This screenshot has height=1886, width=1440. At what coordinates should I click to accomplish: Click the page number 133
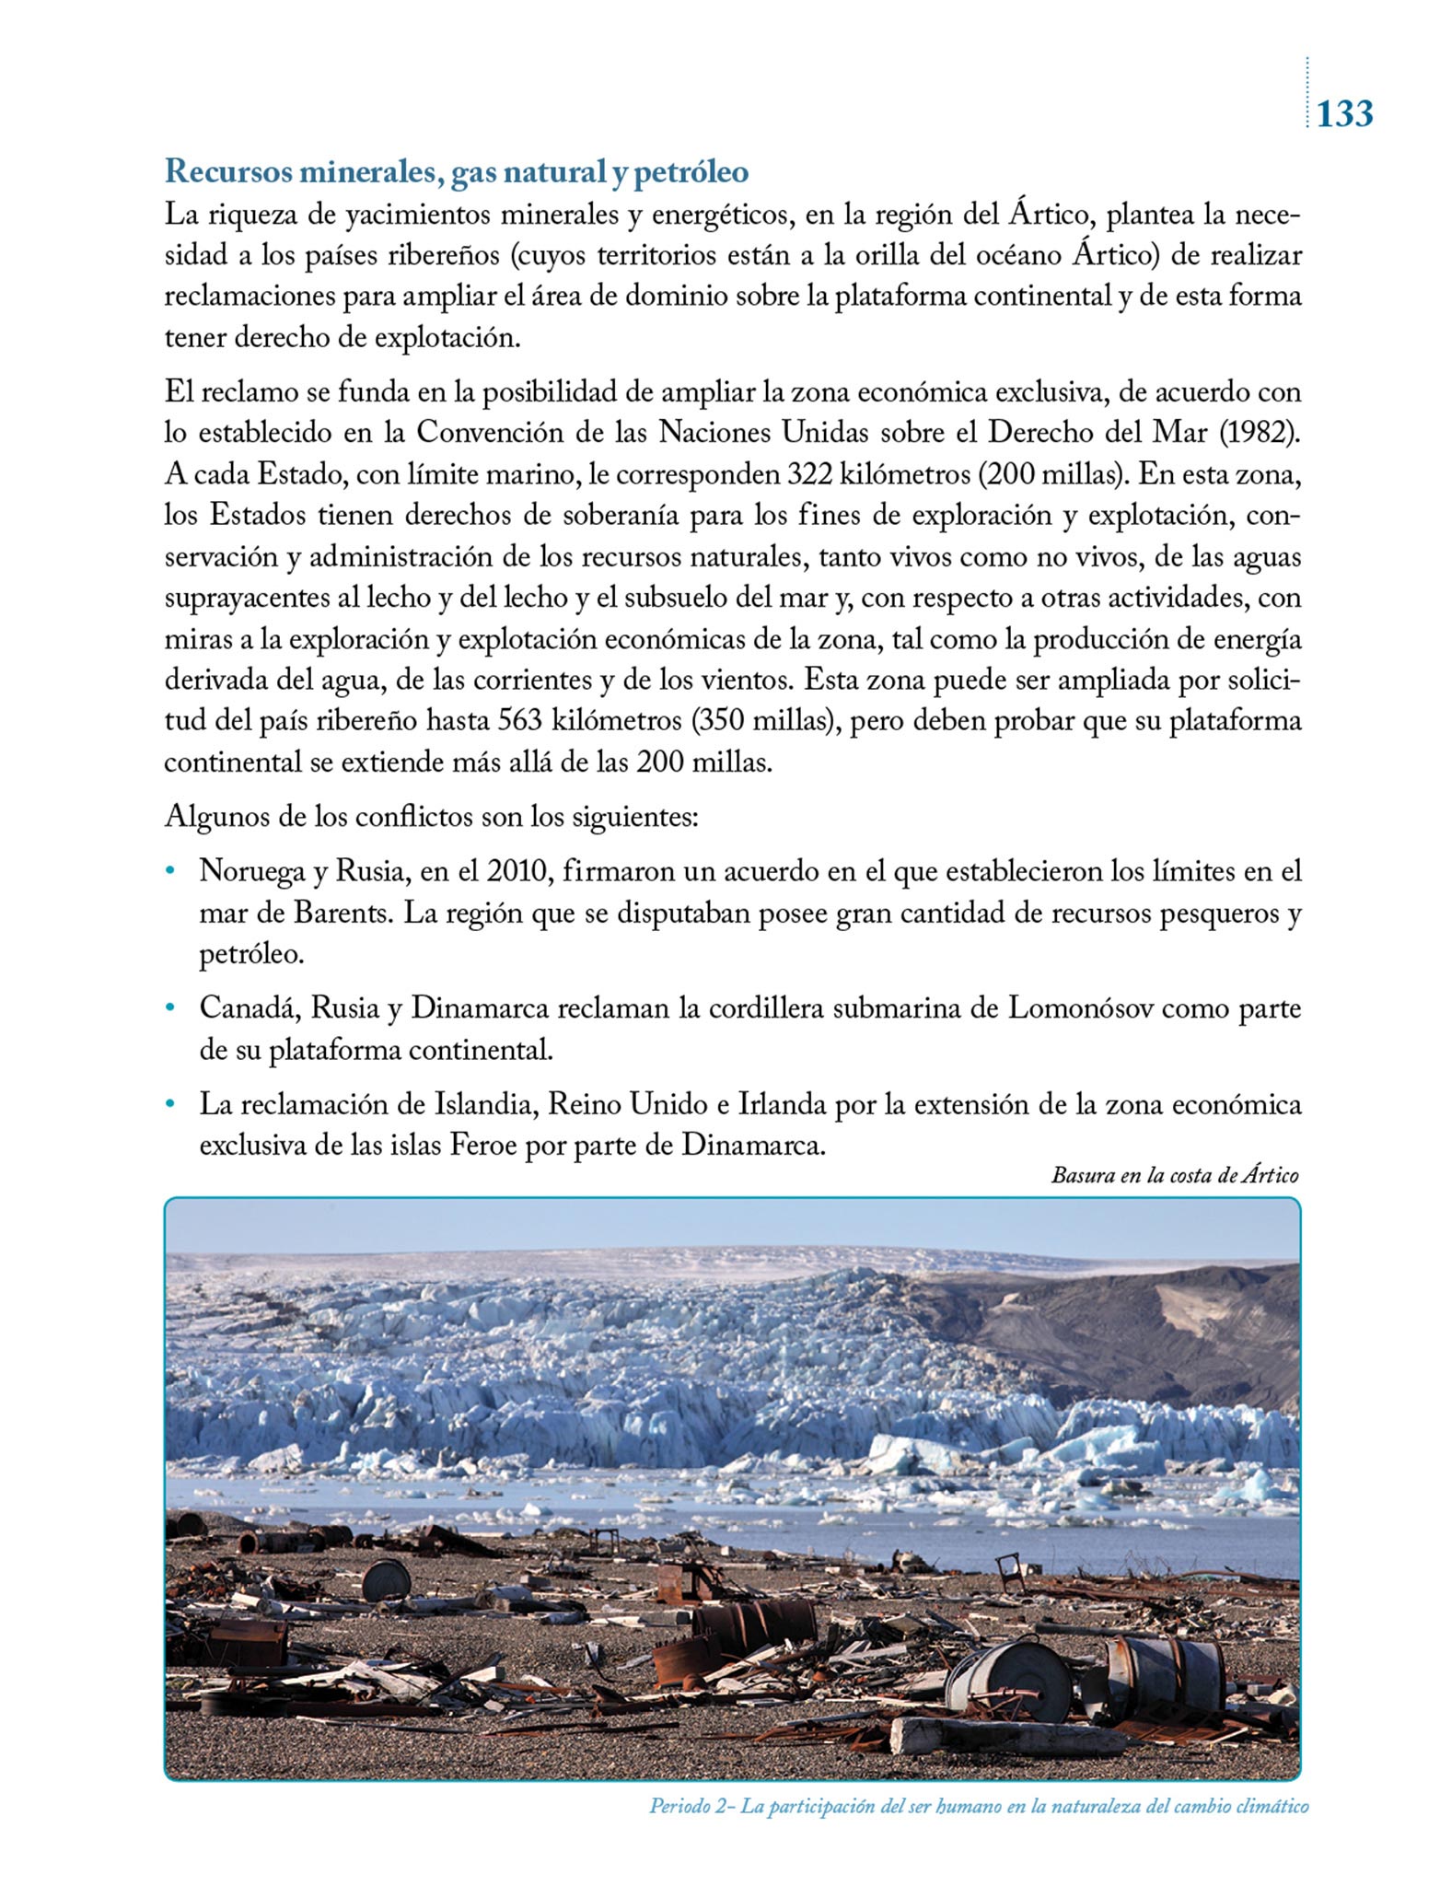point(1344,114)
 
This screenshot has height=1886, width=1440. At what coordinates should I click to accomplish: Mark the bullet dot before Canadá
point(168,1009)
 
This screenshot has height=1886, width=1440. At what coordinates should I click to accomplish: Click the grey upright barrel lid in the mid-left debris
point(386,1581)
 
